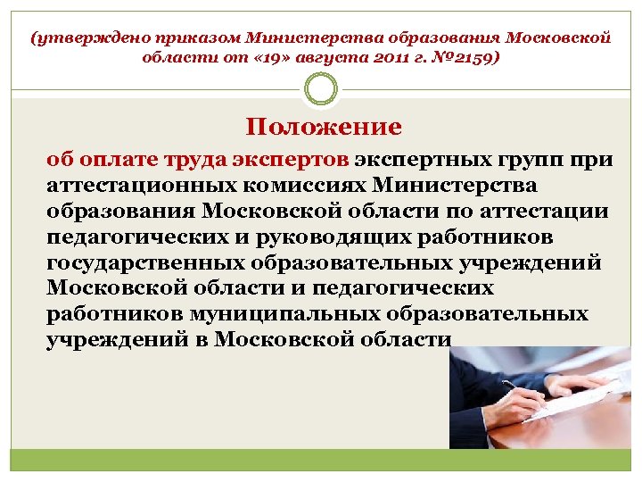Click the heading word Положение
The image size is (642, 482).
(324, 127)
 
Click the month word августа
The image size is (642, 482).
(334, 58)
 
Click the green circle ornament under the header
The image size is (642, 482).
(320, 88)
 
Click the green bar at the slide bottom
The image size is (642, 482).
(321, 461)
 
